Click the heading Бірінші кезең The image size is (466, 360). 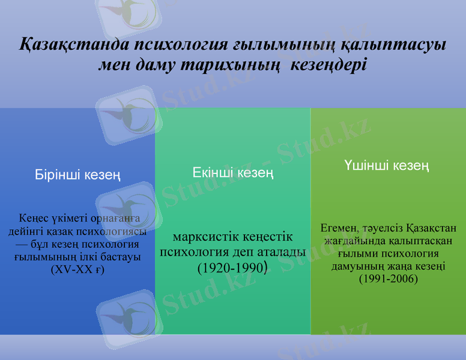tap(77, 175)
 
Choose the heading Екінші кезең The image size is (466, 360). tap(233, 173)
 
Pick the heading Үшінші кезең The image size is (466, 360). tap(387, 165)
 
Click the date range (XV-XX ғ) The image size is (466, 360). tap(77, 269)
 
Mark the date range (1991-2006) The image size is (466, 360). tap(388, 279)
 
